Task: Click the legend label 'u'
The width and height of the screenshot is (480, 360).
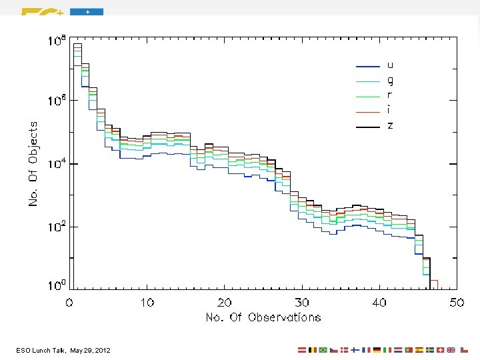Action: coord(390,66)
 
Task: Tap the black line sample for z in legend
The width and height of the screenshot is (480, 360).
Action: coord(368,126)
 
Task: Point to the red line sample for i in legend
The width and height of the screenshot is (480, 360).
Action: coord(368,111)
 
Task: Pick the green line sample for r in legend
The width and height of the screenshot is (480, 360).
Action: coord(368,97)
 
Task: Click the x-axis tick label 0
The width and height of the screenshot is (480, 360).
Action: coord(70,303)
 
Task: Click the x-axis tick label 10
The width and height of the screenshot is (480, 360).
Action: coord(147,303)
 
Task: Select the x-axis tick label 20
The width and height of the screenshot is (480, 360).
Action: coord(225,303)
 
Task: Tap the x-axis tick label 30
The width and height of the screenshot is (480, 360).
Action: coord(302,303)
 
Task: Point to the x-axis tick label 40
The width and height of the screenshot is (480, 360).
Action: coord(379,303)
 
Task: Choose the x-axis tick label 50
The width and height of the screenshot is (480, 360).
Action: coord(457,303)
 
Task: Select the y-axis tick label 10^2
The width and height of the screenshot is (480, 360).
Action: coord(56,226)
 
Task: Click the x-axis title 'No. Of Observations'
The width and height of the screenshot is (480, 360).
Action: coord(263,317)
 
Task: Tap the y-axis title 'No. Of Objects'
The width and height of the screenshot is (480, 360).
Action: coord(33,163)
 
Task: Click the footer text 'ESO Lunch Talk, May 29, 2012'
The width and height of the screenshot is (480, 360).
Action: coord(65,350)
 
